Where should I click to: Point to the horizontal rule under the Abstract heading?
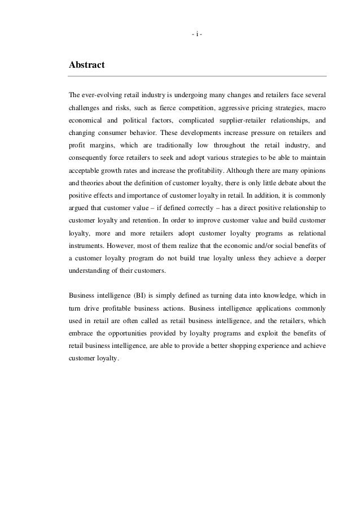197,76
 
